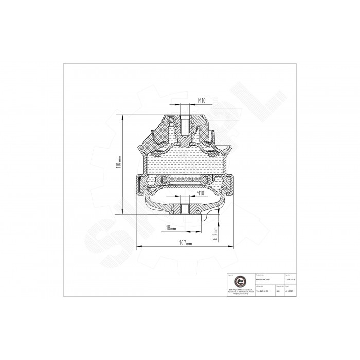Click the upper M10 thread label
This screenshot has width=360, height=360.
(202, 100)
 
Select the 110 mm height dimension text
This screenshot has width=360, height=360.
(119, 164)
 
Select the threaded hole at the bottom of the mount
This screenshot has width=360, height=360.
(184, 209)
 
